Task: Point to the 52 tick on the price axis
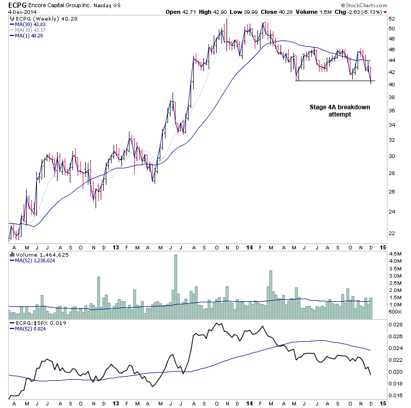(391, 18)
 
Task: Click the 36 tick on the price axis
(391, 110)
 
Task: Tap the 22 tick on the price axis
(391, 233)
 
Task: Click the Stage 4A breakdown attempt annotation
(340, 110)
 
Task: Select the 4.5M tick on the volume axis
(395, 254)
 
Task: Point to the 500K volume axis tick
(395, 312)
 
